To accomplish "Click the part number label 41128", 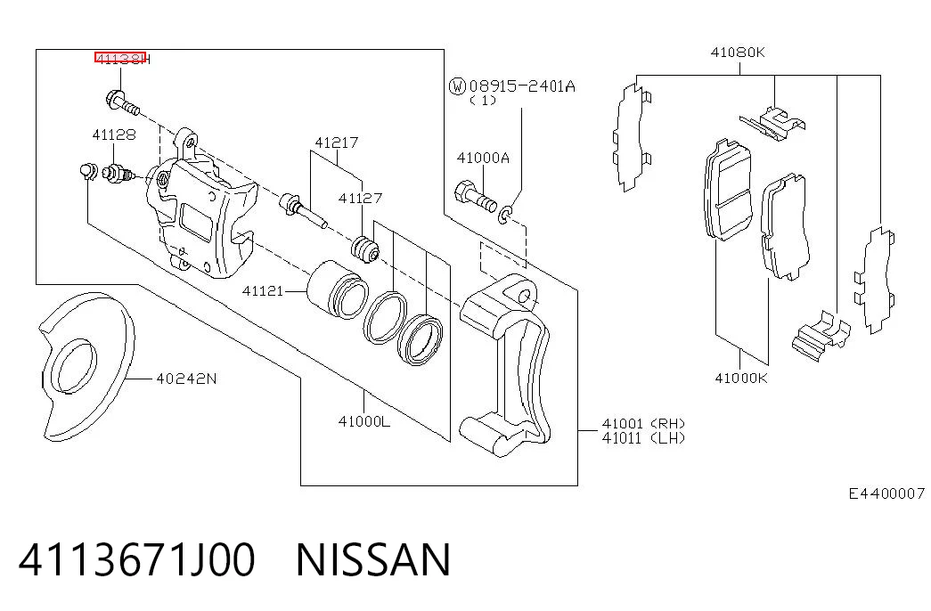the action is [x=114, y=134].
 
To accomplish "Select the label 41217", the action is [x=337, y=143].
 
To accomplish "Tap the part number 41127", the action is [x=361, y=198].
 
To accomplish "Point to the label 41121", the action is [x=263, y=291].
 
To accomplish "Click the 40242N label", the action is [x=186, y=379].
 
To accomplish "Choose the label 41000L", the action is [x=364, y=421].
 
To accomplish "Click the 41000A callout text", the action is [x=483, y=158].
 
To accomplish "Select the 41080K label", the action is [x=738, y=53].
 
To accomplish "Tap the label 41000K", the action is [x=741, y=378].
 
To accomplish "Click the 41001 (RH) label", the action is [x=643, y=423].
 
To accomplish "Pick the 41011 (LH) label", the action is [x=643, y=438].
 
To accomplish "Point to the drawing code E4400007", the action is [x=886, y=493].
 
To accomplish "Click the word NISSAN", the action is [x=373, y=560].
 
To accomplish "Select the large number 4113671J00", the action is [x=137, y=560].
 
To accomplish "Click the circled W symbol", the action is [x=457, y=86].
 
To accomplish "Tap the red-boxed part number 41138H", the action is [x=122, y=58].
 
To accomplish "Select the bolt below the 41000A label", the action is [x=475, y=197].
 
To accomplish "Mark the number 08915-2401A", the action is [x=522, y=86].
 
